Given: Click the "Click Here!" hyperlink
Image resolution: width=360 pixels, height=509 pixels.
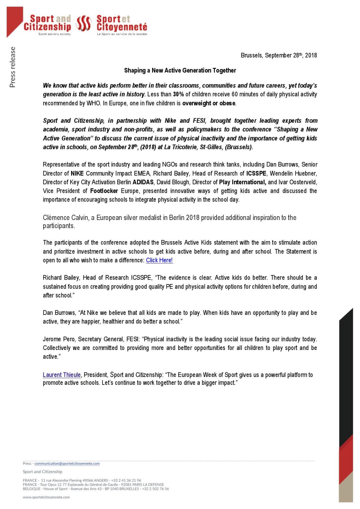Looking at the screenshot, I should (159, 260).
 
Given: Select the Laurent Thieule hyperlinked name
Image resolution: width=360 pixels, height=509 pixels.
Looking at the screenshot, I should (62, 375).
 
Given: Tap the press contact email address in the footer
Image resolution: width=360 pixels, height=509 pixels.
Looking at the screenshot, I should (67, 463).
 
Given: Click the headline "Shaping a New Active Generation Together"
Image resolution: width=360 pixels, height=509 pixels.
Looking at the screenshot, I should (180, 70).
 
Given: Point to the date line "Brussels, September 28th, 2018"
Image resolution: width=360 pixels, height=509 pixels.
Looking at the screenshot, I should (278, 55).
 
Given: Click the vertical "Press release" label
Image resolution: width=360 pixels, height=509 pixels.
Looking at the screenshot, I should (12, 67).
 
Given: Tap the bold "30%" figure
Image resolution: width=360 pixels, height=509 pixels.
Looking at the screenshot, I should (178, 94).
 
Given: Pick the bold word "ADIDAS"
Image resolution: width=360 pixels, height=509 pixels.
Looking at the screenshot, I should (143, 182).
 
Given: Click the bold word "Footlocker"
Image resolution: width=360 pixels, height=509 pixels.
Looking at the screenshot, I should (104, 191).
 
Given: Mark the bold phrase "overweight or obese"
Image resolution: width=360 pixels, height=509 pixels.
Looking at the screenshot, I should (209, 103).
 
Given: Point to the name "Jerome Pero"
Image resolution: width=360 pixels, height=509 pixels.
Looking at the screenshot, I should (59, 339).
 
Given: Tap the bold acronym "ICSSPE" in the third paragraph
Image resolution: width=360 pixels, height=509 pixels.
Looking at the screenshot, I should (256, 173).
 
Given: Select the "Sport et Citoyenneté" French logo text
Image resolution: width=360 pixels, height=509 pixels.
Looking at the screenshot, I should (121, 23).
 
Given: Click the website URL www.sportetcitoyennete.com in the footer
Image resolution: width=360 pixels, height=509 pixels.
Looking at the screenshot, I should (46, 497).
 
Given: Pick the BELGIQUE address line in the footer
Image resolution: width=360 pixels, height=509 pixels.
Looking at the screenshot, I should (96, 489).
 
